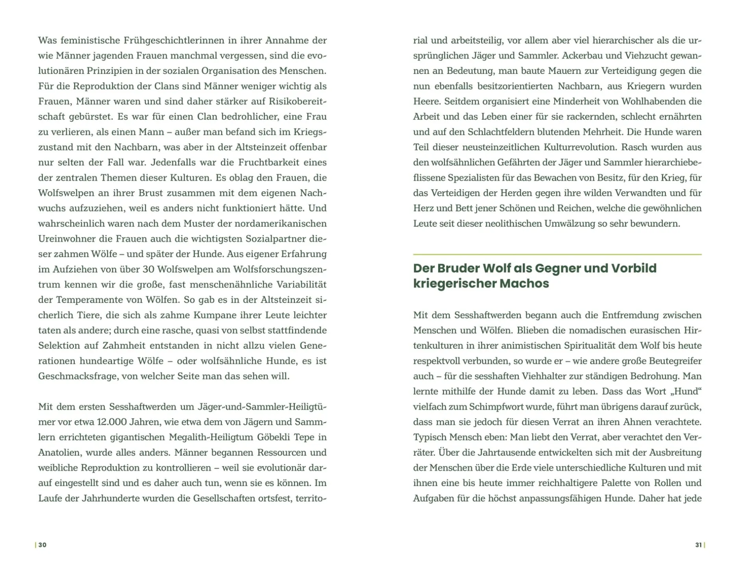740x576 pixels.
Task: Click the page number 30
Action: coord(42,545)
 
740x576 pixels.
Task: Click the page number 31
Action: coord(698,545)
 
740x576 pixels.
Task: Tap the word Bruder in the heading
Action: coord(458,268)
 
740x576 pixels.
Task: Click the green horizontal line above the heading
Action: coord(557,255)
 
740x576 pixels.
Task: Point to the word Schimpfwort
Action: coord(483,407)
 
